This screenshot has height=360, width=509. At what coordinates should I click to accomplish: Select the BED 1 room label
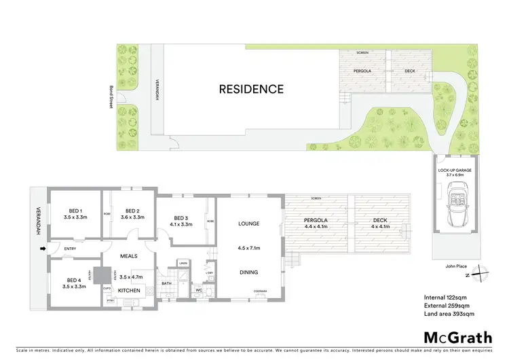(75, 211)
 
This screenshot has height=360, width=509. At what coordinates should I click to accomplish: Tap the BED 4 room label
(75, 280)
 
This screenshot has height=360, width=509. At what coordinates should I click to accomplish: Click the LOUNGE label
(249, 223)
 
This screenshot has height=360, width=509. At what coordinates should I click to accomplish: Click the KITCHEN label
(129, 291)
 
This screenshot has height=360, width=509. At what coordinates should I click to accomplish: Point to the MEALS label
(129, 256)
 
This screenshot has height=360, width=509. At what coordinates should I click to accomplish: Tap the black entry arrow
(44, 249)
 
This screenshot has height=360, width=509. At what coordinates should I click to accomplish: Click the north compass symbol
(480, 273)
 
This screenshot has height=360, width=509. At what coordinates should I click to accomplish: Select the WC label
(198, 290)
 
